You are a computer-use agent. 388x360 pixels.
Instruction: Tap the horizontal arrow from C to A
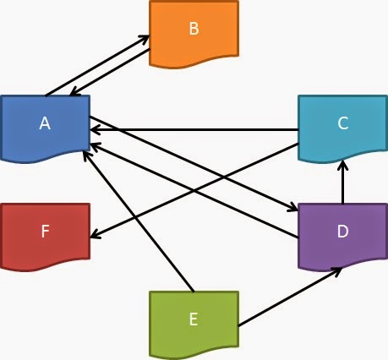pos(194,130)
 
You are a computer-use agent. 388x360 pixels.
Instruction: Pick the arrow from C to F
pos(194,190)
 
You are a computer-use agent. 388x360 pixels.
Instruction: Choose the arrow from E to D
pos(287,297)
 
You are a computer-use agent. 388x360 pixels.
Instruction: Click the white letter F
pos(45,232)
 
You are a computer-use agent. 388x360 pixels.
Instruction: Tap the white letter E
pos(194,319)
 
